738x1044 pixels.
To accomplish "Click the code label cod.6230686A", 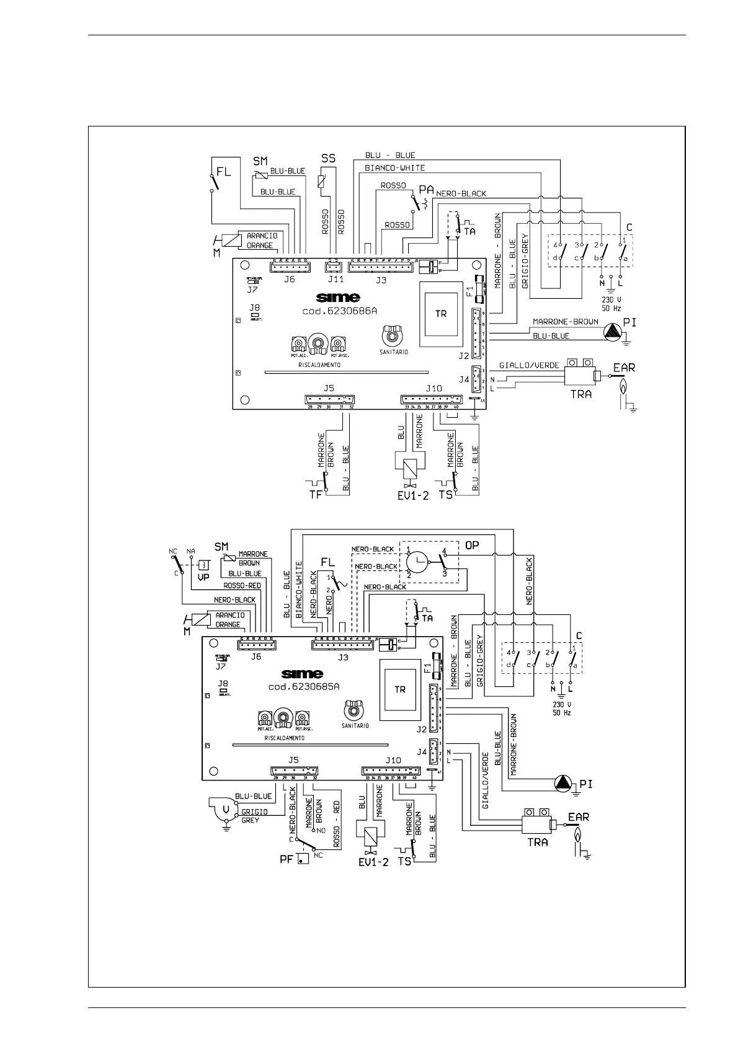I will pos(339,312).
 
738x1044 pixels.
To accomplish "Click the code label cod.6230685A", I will pos(304,687).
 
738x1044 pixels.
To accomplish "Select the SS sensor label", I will pos(328,159).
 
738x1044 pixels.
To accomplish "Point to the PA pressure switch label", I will pos(426,189).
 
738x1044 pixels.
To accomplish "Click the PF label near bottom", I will pos(286,860).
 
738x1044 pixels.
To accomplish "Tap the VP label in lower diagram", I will pos(203,576).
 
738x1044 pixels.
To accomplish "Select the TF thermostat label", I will pos(316,494).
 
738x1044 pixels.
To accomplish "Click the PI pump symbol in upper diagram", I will pos(614,332).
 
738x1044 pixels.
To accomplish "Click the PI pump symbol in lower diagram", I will pos(563,784).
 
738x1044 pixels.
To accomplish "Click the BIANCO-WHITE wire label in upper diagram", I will pos(395,168).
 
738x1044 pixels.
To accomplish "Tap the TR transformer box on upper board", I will pos(441,313).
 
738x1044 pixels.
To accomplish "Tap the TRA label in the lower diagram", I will pos(538,842).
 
